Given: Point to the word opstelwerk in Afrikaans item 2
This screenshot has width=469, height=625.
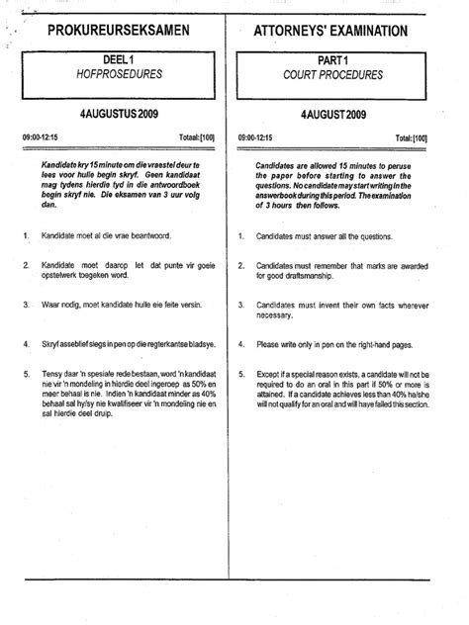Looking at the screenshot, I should (x=61, y=278).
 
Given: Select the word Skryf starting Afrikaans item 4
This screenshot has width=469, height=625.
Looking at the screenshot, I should (x=53, y=345).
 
